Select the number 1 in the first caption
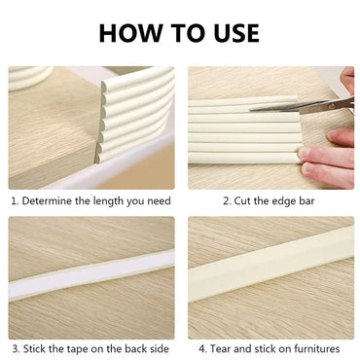pyautogui.click(x=15, y=201)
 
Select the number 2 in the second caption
pyautogui.click(x=225, y=201)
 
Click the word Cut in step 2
pyautogui.click(x=243, y=201)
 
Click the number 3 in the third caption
pyautogui.click(x=15, y=348)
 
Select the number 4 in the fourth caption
pyautogui.click(x=200, y=348)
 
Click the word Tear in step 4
pyautogui.click(x=221, y=348)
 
